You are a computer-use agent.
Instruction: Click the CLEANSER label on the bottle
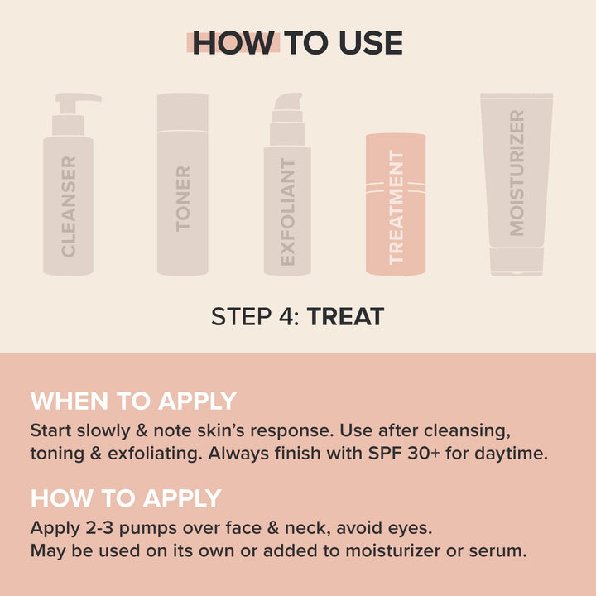click(x=69, y=206)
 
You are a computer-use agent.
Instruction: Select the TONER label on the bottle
click(x=183, y=198)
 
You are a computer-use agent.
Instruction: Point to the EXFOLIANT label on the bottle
click(x=287, y=212)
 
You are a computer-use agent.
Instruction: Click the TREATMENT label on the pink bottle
click(x=396, y=207)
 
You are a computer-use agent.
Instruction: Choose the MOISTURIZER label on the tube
click(x=517, y=173)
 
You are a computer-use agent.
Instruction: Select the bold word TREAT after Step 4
click(x=345, y=317)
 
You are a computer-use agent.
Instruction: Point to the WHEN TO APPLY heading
click(x=134, y=401)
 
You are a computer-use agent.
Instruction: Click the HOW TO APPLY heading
click(x=126, y=498)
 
